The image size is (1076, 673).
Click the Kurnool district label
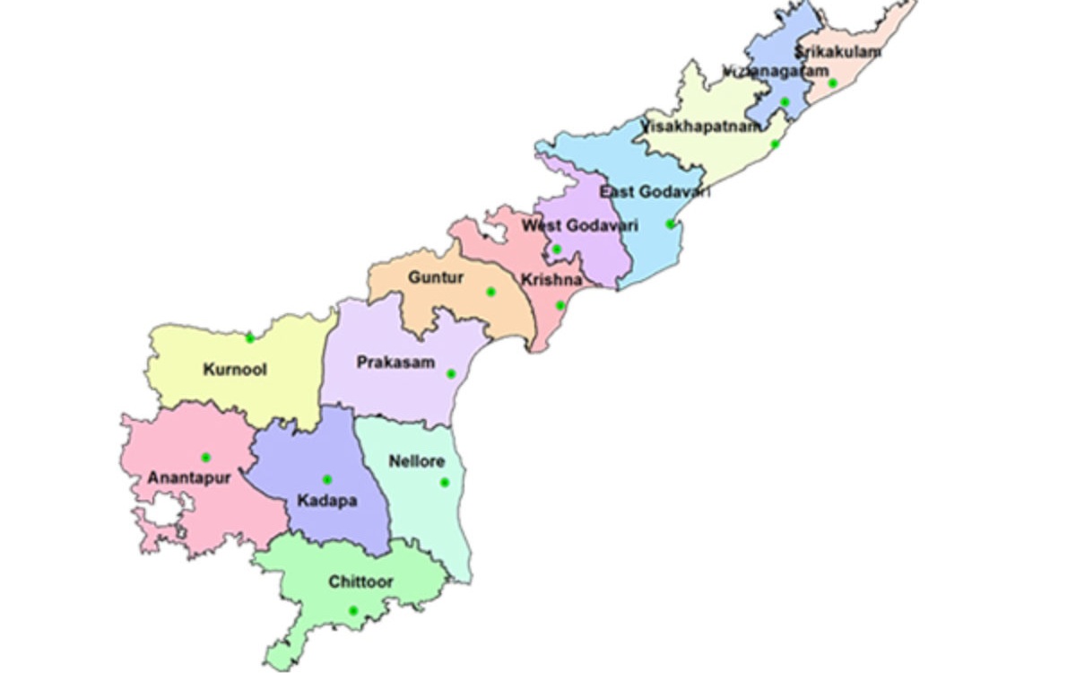tap(235, 370)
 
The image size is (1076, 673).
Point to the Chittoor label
tap(360, 582)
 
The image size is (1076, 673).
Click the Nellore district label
tap(416, 461)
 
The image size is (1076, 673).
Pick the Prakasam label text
tap(395, 363)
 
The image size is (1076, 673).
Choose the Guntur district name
tap(436, 278)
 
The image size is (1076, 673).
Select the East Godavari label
tap(655, 192)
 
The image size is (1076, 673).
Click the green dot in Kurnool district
tap(250, 338)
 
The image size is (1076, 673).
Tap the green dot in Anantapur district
tap(205, 458)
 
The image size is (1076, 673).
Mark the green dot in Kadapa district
tap(327, 479)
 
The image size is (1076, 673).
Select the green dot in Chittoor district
tap(353, 611)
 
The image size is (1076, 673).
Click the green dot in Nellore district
tap(445, 483)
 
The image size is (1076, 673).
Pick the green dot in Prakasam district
tap(451, 374)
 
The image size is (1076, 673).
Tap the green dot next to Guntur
tap(490, 292)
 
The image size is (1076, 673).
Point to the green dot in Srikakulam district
tap(833, 83)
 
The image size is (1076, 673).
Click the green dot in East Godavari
tap(670, 224)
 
